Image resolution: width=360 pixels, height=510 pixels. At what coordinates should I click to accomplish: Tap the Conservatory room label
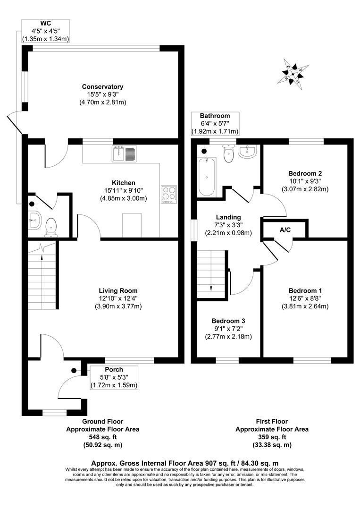pos(102,86)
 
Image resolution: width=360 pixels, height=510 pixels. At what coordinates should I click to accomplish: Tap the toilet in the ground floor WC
pos(51,227)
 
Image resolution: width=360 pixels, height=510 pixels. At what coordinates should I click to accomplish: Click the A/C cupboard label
pos(285,231)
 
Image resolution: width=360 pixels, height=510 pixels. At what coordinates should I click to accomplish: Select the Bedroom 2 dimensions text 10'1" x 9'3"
pos(305,181)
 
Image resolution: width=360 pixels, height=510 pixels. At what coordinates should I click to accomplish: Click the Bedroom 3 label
pos(228,321)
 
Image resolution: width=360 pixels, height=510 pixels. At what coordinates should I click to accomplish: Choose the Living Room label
pos(118,290)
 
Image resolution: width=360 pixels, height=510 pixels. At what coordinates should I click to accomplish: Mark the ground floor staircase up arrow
pos(42,257)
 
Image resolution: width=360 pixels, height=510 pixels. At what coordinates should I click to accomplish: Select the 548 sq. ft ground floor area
pos(102,437)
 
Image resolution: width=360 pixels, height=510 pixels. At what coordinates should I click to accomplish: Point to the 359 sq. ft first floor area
pos(272,437)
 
